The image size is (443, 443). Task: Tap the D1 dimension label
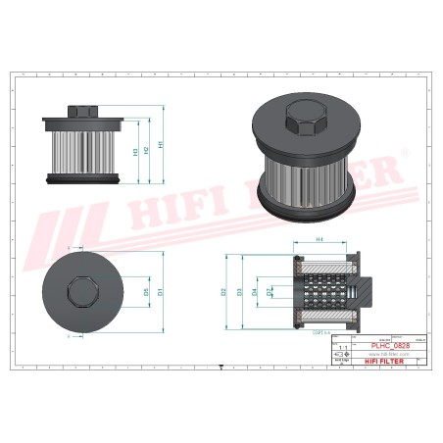[x=159, y=290]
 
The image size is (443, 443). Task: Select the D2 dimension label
[x=224, y=291]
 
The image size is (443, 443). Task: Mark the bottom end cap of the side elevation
[x=82, y=179]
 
